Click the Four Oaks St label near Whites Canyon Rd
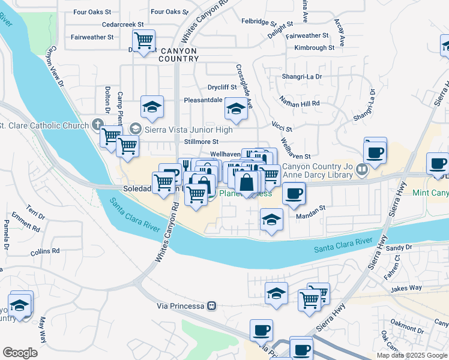pyautogui.click(x=166, y=11)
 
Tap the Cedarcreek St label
pyautogui.click(x=123, y=25)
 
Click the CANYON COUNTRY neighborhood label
pyautogui.click(x=178, y=55)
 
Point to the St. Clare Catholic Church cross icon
pyautogui.click(x=98, y=125)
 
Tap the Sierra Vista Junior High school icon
pyautogui.click(x=135, y=129)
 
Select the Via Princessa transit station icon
pyautogui.click(x=211, y=305)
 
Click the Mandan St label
pyautogui.click(x=310, y=208)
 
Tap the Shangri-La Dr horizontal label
pyautogui.click(x=302, y=77)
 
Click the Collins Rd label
pyautogui.click(x=46, y=251)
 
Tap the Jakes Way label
pyautogui.click(x=405, y=289)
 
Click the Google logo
pyautogui.click(x=20, y=353)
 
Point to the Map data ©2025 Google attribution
pyautogui.click(x=412, y=355)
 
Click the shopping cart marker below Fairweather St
pyautogui.click(x=143, y=41)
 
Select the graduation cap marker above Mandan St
pyautogui.click(x=271, y=220)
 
